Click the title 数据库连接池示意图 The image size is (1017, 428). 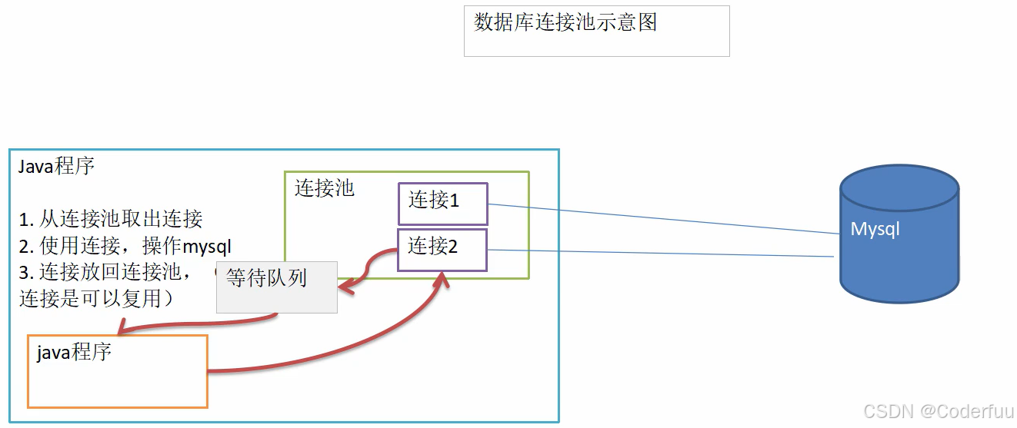(565, 22)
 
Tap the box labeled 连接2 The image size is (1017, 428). (442, 249)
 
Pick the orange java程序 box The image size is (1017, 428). (118, 371)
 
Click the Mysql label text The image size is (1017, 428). (875, 229)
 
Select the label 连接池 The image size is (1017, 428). (324, 188)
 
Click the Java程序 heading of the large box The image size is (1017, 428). (56, 166)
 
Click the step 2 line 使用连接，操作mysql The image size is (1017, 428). (125, 246)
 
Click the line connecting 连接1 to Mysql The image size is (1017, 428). (662, 219)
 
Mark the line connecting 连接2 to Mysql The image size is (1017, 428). (662, 253)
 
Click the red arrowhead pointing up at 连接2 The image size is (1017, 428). (441, 279)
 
